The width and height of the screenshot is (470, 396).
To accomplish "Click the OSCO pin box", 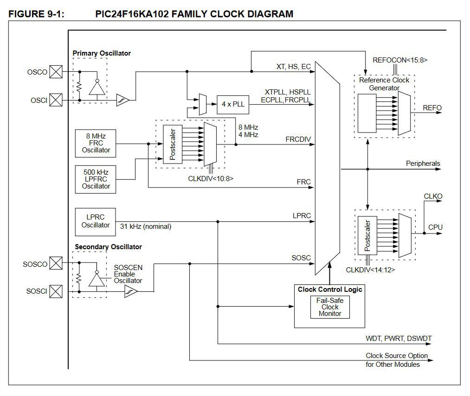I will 56,72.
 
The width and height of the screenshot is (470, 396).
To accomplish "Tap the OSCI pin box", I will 56,100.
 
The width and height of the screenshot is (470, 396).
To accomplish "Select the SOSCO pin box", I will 56,264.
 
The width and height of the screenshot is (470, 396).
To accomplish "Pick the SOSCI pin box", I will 56,291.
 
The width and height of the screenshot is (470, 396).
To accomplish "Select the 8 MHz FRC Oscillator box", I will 96,143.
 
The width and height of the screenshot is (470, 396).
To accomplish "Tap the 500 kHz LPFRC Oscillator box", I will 96,179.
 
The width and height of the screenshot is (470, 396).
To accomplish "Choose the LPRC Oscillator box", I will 96,221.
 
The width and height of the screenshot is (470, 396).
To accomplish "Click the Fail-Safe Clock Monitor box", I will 329,307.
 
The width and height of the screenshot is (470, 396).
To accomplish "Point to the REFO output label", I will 432,108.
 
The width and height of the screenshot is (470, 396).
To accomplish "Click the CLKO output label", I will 433,196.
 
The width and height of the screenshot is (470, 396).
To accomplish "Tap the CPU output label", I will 435,227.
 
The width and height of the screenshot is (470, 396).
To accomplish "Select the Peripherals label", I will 423,163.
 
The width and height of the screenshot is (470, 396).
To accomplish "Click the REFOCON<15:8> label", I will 400,60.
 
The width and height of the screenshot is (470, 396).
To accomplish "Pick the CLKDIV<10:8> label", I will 211,177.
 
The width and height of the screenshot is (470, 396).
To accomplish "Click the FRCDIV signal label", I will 298,139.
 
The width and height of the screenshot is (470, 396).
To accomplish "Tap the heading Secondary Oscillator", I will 108,247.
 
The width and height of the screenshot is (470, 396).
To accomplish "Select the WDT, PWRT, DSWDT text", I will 399,339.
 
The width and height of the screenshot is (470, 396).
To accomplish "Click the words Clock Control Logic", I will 329,289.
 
